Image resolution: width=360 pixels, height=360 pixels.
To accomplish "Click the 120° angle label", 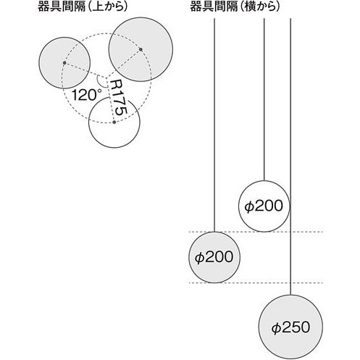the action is pos(86,95).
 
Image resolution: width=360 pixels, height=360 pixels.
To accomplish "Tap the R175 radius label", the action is pos(118,98).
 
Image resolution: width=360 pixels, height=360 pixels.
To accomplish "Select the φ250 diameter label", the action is pos(290,327).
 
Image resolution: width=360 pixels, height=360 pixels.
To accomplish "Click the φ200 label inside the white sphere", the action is pos(264,206).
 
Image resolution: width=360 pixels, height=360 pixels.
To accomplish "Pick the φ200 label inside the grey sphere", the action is pos(214,257).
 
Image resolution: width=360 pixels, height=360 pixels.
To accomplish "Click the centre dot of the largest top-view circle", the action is pos(141,49).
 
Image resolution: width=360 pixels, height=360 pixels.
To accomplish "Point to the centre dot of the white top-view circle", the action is pos(114,122).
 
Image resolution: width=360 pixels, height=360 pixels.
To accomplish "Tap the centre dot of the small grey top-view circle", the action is pos(64,63).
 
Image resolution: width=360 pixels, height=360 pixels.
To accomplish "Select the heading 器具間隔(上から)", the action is pos(83,7).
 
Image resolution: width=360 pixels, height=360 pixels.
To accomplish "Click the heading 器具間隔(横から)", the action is pos(235,7).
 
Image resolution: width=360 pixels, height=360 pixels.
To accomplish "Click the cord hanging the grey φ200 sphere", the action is pos(214,125).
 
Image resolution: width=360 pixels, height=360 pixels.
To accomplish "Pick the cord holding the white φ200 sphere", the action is pos(264,99).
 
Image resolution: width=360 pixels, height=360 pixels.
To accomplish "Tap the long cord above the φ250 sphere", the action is pos(290,156).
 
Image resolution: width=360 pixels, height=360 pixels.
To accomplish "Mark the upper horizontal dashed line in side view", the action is pos(256,232).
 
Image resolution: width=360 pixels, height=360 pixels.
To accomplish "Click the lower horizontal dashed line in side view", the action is pos(256,282).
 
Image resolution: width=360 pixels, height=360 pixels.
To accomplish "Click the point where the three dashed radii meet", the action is pos(106,78).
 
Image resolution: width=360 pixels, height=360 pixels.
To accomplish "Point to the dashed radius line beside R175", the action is pos(110,100).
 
